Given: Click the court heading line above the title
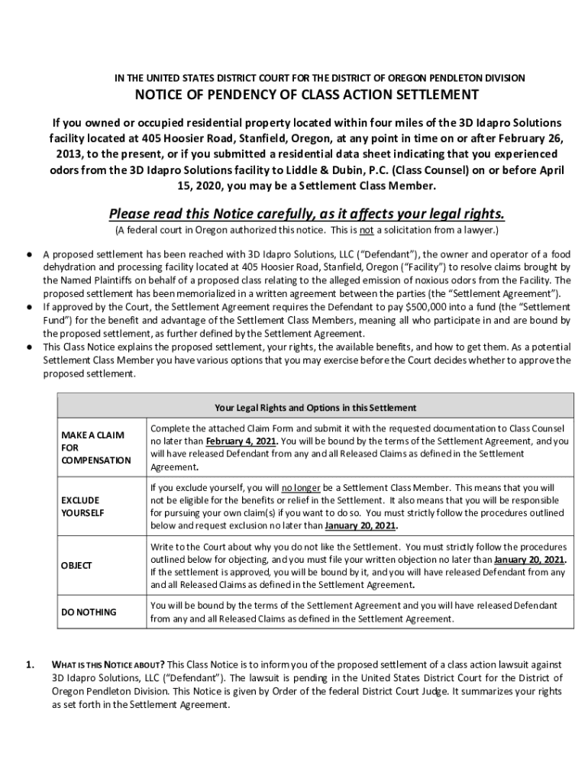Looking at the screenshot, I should click(x=319, y=78).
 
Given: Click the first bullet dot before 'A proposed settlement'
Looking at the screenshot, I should click(x=27, y=254).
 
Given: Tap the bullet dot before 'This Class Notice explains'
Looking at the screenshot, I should click(x=27, y=347).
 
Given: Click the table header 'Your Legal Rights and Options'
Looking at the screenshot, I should click(x=315, y=408).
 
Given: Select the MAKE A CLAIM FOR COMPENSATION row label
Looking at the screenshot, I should click(x=95, y=448).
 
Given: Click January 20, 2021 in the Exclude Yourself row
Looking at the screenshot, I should click(x=360, y=526).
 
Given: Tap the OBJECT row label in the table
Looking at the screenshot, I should click(x=76, y=565).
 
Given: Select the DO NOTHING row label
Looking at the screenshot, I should click(x=89, y=612).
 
